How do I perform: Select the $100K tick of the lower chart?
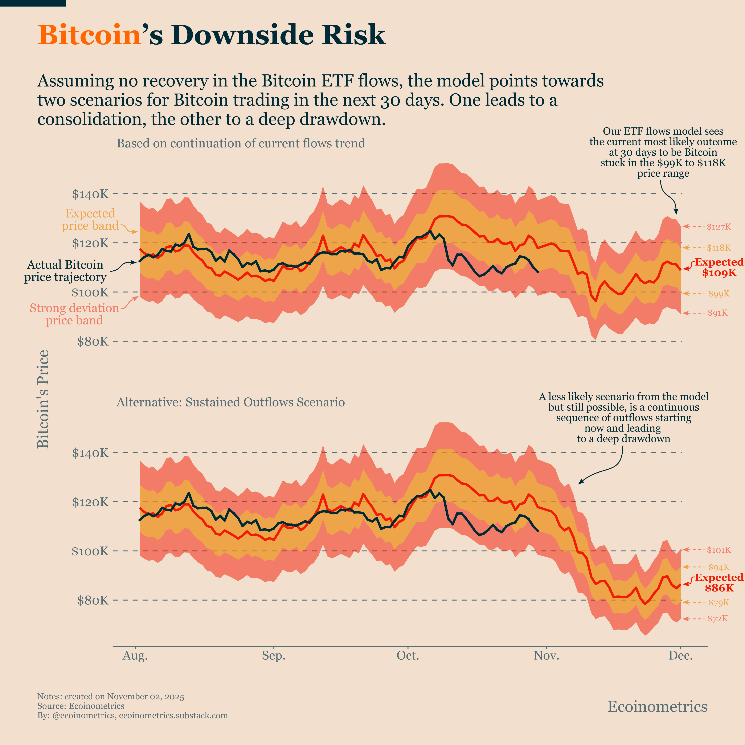coord(90,551)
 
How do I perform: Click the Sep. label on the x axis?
coord(273,656)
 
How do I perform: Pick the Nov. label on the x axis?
coord(546,656)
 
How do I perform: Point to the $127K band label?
coord(718,227)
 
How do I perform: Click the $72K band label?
coord(717,618)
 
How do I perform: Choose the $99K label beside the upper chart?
coord(718,294)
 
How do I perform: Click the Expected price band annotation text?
coord(90,219)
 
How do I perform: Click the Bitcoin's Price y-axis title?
coord(43,399)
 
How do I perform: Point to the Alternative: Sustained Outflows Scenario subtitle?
coord(231,402)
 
